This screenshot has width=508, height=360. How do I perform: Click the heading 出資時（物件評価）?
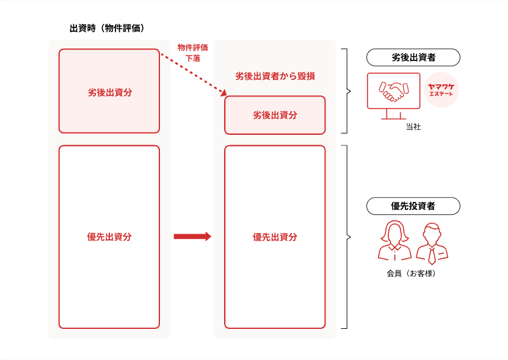point(107,28)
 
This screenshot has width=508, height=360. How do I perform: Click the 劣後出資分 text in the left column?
point(109,93)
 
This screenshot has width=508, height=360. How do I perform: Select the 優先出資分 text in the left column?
point(109,237)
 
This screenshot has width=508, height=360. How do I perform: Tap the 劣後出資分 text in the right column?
point(275,115)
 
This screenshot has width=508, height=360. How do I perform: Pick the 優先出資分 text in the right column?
point(275,237)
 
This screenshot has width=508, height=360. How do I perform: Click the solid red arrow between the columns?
point(192,237)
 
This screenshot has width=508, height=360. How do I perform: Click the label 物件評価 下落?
point(192,53)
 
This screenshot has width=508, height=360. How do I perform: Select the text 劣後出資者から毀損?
point(275,77)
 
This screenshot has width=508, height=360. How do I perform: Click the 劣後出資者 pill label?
point(413,58)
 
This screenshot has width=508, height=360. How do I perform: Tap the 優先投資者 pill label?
point(413,206)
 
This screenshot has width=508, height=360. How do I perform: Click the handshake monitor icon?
point(394,95)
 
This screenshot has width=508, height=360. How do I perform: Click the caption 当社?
point(413,128)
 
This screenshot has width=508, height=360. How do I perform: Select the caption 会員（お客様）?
point(411,273)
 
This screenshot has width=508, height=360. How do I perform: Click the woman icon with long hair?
point(394,240)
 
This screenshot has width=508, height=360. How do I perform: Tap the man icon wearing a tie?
point(432,242)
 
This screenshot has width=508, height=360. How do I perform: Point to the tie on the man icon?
point(432,253)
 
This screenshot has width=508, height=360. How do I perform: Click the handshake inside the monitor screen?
point(394,92)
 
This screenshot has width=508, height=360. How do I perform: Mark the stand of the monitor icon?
point(394,114)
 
